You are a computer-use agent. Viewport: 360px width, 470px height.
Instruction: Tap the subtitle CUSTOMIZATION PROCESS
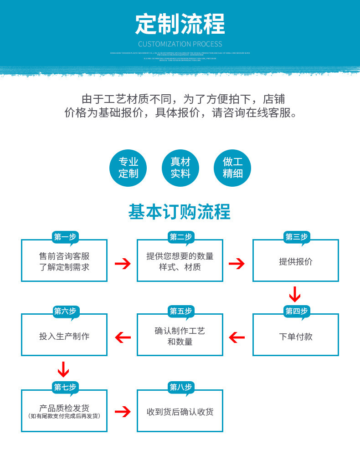tap(180, 44)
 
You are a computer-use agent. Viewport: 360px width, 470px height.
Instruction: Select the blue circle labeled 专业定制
tap(128, 168)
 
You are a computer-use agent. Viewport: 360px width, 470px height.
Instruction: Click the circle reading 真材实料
tap(180, 168)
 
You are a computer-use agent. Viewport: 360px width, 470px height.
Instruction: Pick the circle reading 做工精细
tap(232, 168)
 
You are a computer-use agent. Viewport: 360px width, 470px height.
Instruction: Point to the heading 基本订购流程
tap(180, 212)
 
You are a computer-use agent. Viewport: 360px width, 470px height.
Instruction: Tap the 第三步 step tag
tap(296, 237)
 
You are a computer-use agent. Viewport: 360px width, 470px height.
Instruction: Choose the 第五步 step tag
tap(180, 311)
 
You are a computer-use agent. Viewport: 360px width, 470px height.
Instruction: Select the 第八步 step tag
tap(180, 387)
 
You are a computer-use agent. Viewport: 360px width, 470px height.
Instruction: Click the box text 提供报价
tap(296, 262)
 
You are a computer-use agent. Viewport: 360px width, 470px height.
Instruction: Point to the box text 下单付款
tap(296, 337)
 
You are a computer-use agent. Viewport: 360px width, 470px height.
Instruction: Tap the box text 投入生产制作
tap(64, 337)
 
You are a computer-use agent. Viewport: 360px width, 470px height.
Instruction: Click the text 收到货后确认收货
tap(180, 412)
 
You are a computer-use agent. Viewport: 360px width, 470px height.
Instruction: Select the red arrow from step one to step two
tap(122, 263)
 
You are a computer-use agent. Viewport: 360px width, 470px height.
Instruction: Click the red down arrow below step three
tap(295, 294)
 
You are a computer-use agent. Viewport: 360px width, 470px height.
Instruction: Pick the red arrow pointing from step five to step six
tap(122, 337)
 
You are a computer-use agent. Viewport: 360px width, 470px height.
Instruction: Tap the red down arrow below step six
tap(63, 369)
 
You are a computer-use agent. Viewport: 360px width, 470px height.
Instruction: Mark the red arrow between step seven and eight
tap(122, 412)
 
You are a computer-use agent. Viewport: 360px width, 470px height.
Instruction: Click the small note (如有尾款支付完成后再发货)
tap(64, 416)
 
